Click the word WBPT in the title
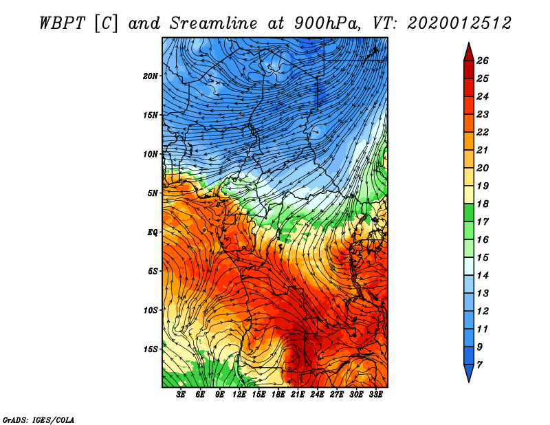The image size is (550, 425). [62, 23]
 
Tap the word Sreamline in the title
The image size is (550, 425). [214, 23]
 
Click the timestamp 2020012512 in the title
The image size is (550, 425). [459, 23]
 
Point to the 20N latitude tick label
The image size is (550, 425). [151, 76]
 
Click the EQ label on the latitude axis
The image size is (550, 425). [152, 232]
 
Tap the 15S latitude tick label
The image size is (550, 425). [151, 349]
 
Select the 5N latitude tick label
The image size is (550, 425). [153, 193]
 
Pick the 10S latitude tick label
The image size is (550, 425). [151, 310]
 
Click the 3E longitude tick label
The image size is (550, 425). [181, 395]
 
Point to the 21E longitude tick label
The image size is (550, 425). [298, 395]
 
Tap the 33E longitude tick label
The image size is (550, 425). [375, 395]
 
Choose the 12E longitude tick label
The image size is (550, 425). [239, 395]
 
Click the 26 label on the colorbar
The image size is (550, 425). [483, 61]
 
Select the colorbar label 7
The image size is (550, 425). [479, 365]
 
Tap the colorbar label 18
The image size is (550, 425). [483, 204]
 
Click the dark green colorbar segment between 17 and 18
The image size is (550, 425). [469, 212]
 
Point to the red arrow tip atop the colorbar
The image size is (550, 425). [469, 43]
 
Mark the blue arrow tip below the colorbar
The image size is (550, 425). [469, 381]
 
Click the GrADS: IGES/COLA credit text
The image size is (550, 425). [38, 419]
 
